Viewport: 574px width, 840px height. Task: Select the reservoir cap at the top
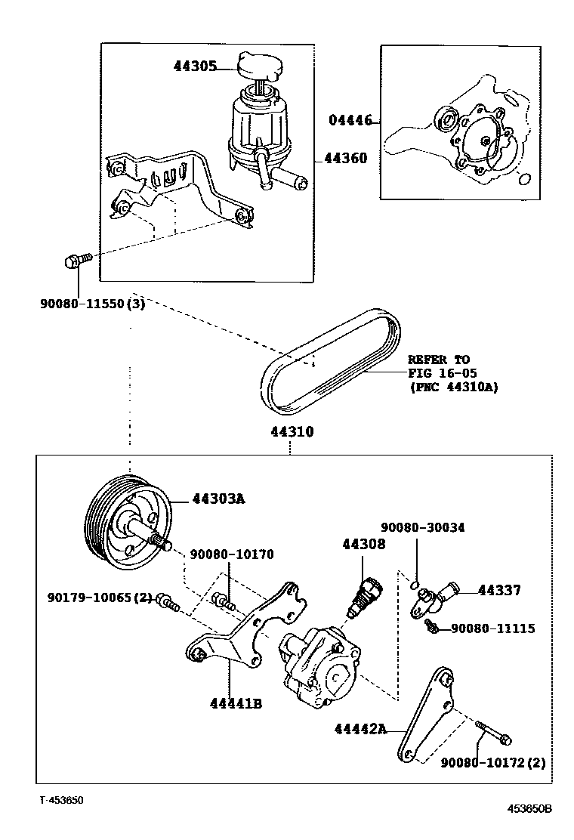click(x=258, y=66)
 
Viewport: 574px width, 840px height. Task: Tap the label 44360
click(x=345, y=159)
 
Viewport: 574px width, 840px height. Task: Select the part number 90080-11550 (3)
click(x=92, y=304)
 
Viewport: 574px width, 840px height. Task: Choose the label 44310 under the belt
click(x=292, y=432)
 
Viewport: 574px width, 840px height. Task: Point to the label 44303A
click(x=219, y=499)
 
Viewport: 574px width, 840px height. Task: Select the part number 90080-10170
click(x=231, y=554)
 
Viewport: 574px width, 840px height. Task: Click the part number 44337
click(x=499, y=591)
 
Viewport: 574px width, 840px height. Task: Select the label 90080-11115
click(x=493, y=628)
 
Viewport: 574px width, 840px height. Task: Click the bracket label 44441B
click(x=236, y=703)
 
